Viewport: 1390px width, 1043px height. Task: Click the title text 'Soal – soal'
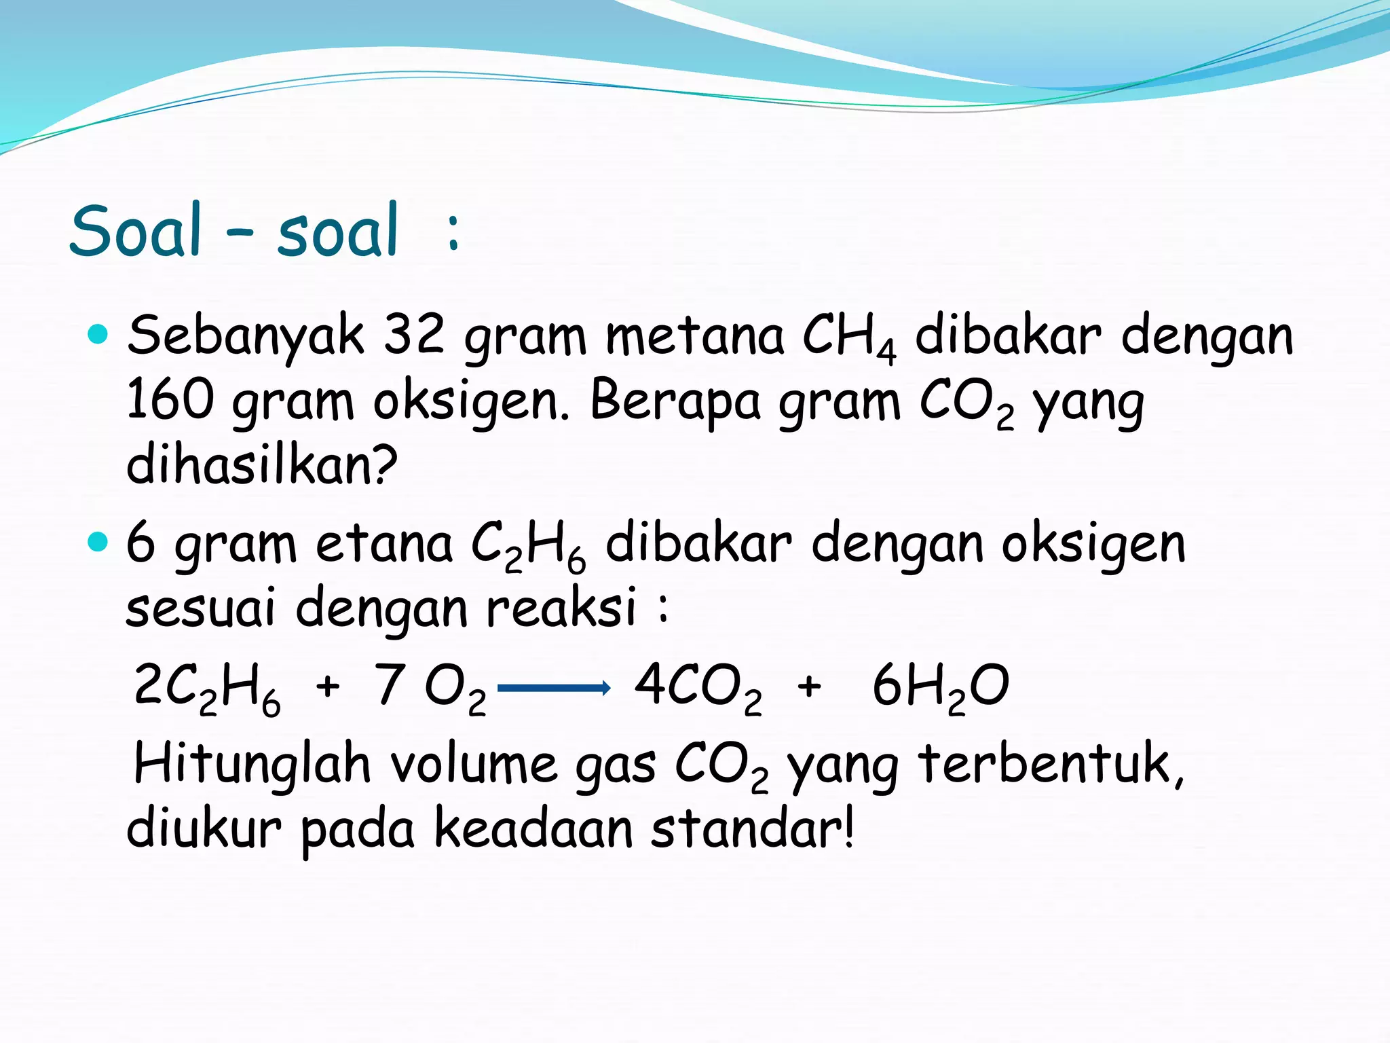click(x=234, y=231)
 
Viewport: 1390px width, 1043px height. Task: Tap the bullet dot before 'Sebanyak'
click(x=98, y=334)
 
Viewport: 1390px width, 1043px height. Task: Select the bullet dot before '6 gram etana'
click(x=98, y=542)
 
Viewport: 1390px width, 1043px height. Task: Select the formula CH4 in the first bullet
click(x=848, y=337)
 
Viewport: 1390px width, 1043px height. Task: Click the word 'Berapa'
click(x=675, y=401)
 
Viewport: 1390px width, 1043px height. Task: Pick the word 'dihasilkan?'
click(x=262, y=465)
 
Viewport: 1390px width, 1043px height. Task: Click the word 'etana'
click(x=384, y=545)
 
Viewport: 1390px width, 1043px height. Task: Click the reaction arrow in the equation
click(x=554, y=689)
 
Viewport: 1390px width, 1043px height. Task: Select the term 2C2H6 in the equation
click(x=207, y=687)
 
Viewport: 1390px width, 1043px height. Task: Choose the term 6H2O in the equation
click(x=940, y=687)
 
